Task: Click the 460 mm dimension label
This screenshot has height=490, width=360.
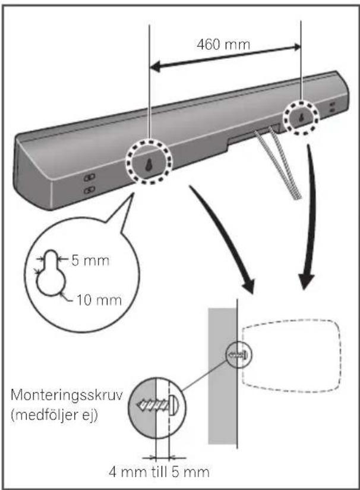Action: tap(223, 45)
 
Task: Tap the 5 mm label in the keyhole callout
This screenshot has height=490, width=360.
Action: tap(90, 260)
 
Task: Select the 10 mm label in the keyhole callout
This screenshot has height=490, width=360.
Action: tap(99, 300)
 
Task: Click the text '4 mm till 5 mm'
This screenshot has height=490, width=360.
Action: tap(159, 472)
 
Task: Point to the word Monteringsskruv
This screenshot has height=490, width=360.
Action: tap(67, 395)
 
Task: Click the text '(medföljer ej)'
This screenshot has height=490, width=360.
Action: tap(54, 415)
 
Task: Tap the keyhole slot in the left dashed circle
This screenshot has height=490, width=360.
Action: tap(149, 164)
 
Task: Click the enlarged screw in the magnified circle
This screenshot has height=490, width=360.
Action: tap(157, 406)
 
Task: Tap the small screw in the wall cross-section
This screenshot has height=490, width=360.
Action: tap(239, 355)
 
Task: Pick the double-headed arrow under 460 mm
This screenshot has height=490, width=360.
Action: tap(225, 56)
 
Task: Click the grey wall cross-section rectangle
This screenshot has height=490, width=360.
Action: tap(222, 376)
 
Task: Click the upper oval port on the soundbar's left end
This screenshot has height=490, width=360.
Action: tap(90, 178)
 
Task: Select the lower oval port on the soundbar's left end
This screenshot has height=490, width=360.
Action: tap(90, 190)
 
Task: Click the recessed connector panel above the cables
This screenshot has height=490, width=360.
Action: tap(254, 134)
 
